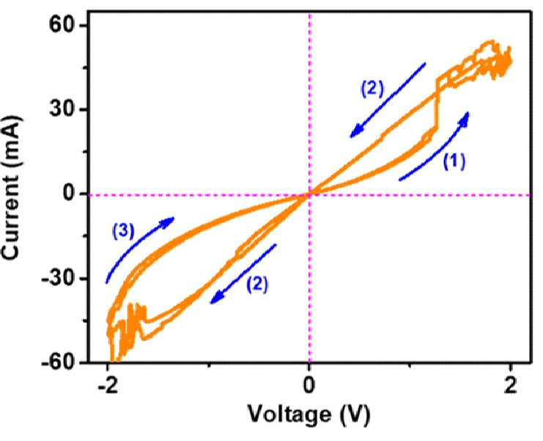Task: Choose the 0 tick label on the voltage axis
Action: (x=309, y=387)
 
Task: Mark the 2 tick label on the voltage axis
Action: (x=511, y=387)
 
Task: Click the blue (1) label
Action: (x=454, y=161)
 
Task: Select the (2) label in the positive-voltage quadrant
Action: (x=372, y=88)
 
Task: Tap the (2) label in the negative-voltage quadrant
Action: (x=257, y=284)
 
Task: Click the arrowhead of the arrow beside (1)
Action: (x=465, y=119)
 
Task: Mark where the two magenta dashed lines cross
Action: (x=309, y=195)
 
